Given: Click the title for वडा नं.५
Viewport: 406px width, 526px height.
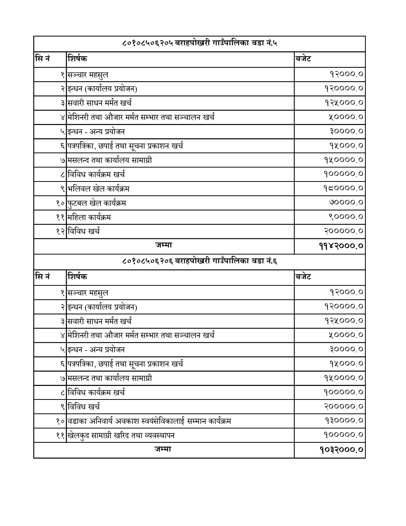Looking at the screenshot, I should click(200, 44).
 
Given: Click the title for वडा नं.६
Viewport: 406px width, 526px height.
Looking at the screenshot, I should click(200, 262).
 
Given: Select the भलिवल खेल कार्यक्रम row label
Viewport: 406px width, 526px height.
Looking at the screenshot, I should click(98, 189).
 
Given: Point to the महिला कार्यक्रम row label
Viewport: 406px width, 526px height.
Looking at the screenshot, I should click(89, 218).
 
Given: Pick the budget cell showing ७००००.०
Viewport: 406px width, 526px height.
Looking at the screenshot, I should click(346, 203).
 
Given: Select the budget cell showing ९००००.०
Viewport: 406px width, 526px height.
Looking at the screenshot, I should click(346, 217).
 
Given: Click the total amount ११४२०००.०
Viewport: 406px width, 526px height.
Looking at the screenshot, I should click(341, 247).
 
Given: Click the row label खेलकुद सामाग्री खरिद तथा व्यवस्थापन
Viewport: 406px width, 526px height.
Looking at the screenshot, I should click(121, 436).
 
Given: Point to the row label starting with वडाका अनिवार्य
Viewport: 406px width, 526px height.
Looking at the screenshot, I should click(149, 421).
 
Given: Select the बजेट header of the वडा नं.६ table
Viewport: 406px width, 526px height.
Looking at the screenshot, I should click(303, 277).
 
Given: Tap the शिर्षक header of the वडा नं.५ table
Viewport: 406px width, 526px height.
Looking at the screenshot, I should click(77, 59).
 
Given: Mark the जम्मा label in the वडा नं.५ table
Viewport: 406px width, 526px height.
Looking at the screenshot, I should click(164, 245).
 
